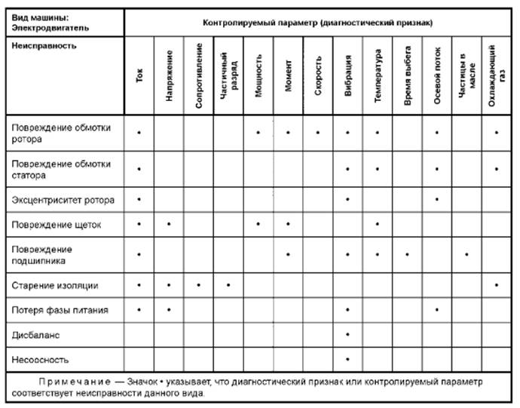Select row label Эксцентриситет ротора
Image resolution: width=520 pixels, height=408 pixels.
pyautogui.click(x=63, y=200)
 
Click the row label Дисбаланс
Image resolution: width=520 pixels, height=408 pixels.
pyautogui.click(x=36, y=334)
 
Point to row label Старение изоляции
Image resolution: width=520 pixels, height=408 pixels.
pyautogui.click(x=56, y=286)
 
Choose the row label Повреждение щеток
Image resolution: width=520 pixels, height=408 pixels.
pyautogui.click(x=57, y=224)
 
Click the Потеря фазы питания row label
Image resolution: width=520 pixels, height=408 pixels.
pyautogui.click(x=60, y=310)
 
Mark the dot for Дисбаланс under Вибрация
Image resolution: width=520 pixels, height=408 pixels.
pyautogui.click(x=347, y=334)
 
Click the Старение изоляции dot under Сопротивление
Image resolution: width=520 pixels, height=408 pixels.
pyautogui.click(x=198, y=285)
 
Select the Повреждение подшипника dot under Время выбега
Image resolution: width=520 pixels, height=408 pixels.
pyautogui.click(x=407, y=254)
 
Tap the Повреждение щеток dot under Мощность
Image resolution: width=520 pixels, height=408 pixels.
pyautogui.click(x=258, y=224)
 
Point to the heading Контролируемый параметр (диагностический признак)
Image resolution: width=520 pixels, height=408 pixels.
pyautogui.click(x=317, y=23)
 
